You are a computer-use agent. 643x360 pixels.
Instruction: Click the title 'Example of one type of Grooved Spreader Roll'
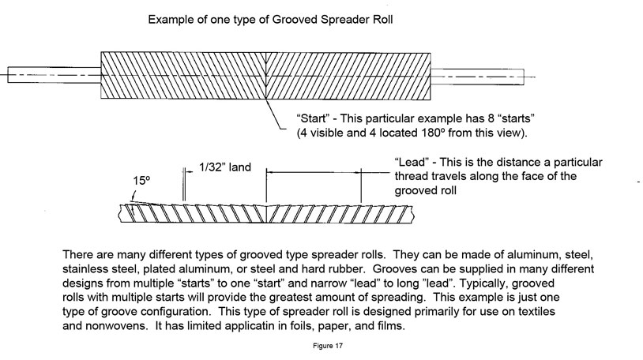[x=291, y=18]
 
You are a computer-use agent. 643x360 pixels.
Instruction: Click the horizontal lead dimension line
[x=314, y=171]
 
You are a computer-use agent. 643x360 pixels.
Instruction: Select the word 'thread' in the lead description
[x=412, y=177]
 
